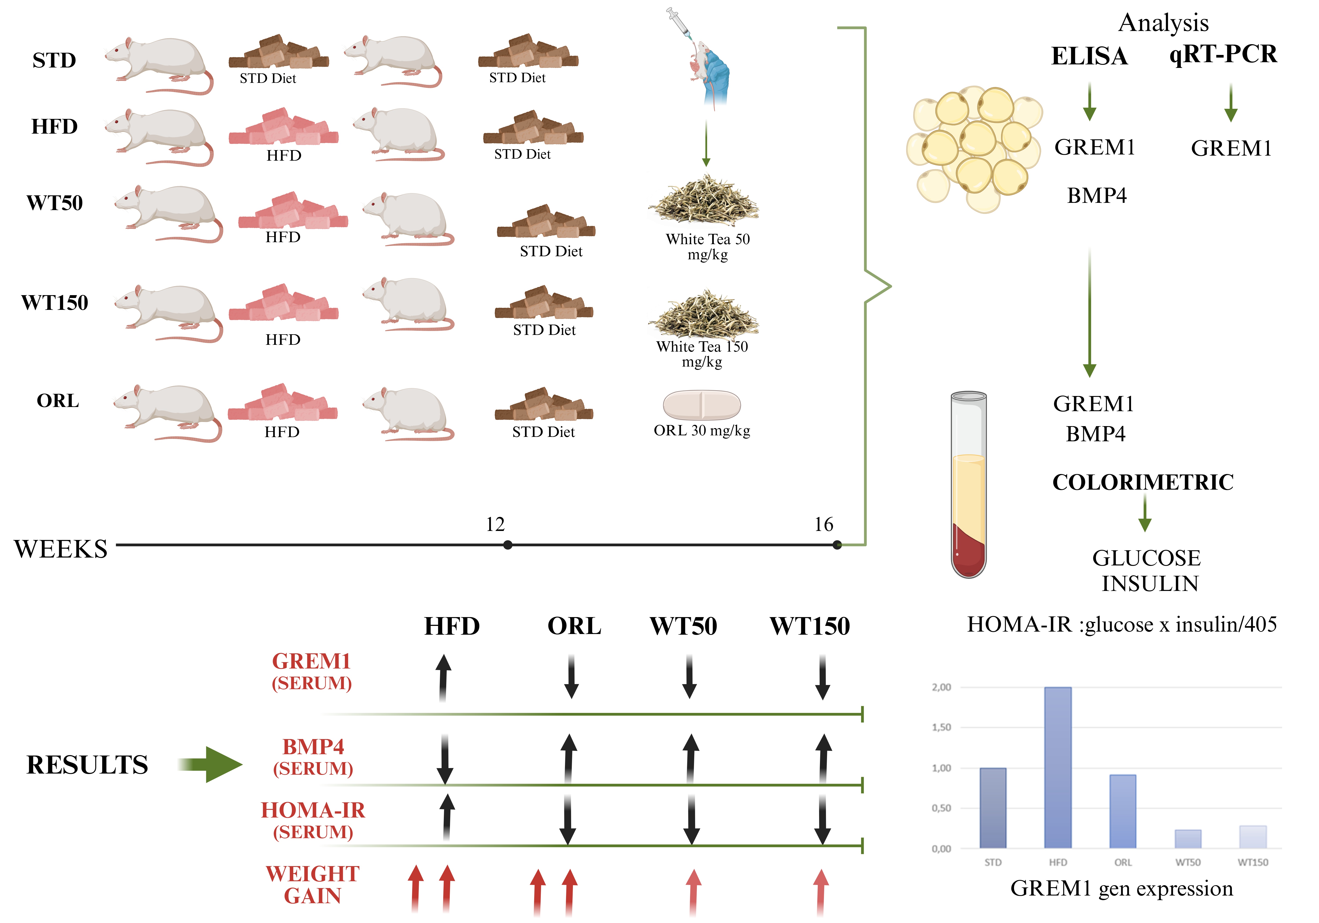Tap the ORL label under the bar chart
[1122, 862]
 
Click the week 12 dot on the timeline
[507, 545]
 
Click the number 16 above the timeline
[823, 524]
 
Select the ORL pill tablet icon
[701, 405]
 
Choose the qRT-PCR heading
[1223, 54]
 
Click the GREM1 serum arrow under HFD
[443, 678]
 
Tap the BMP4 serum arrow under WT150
[823, 758]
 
